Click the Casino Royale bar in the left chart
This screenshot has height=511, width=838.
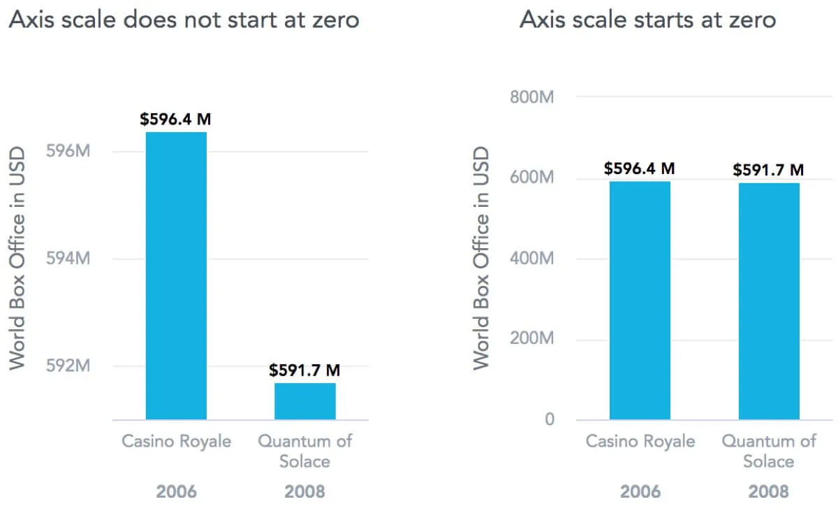click(176, 275)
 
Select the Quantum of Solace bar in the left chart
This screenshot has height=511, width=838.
click(304, 401)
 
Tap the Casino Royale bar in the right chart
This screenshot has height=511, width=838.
click(640, 301)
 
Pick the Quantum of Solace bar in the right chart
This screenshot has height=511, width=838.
click(769, 301)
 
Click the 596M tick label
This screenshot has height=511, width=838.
click(68, 151)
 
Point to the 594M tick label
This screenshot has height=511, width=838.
click(68, 259)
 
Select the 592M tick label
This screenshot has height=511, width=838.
click(68, 366)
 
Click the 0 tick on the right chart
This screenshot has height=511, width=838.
click(550, 420)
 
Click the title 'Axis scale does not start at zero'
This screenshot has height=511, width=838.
click(184, 20)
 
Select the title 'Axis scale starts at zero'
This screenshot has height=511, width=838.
click(647, 20)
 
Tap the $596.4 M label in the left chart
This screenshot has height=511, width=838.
click(175, 120)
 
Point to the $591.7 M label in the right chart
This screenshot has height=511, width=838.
click(768, 170)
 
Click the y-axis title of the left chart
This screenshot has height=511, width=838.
click(17, 259)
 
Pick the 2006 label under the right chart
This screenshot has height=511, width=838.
click(640, 491)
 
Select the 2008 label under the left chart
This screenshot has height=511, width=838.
click(304, 491)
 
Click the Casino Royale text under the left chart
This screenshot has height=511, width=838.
click(176, 442)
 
